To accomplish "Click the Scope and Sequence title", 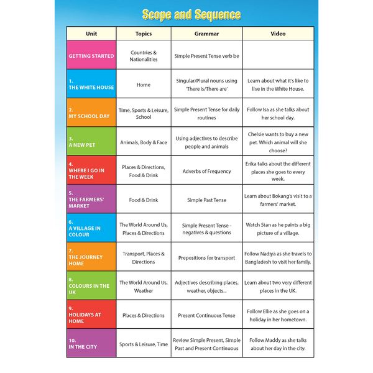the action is point(191,14).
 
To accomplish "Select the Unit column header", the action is point(91,34).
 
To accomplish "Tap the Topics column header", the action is point(144,34).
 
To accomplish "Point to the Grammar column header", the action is point(206,34).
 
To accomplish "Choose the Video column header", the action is point(278,34).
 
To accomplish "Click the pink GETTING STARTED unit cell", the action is point(91,56).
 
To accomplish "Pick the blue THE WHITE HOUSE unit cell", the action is point(91,85).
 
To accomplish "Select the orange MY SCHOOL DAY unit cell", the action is point(91,113).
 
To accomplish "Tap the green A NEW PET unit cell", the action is point(91,142).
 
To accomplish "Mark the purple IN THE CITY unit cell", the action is point(91,343).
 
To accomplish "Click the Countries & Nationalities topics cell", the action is point(144,56).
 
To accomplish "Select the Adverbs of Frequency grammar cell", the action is point(206,171).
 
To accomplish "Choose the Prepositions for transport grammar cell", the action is point(206,257).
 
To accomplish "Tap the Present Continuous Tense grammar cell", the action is point(206,315).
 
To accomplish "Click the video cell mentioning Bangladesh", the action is point(278,257).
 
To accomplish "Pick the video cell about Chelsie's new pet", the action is point(278,142).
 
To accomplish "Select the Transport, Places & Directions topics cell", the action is point(144,257).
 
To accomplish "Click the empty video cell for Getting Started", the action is point(278,56).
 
